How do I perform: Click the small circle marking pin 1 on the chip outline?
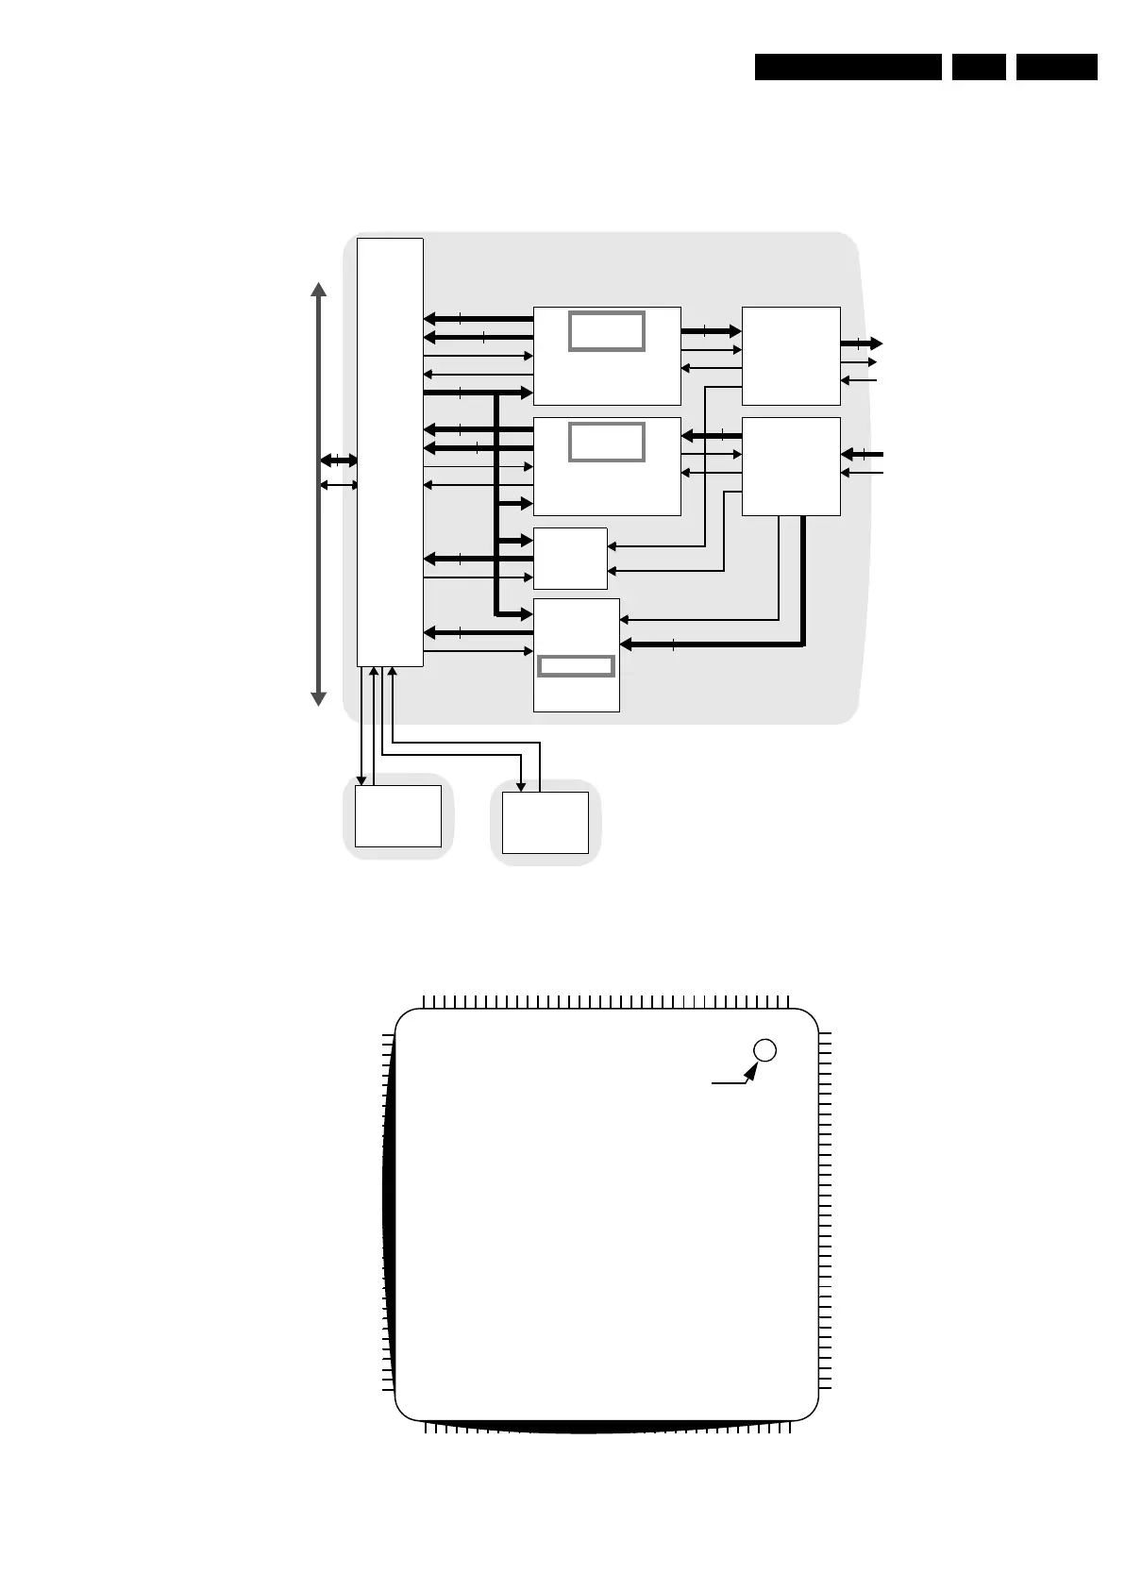(x=765, y=1049)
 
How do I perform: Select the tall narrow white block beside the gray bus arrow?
(x=390, y=452)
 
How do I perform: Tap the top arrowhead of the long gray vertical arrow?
(x=319, y=289)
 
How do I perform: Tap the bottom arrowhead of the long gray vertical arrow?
(x=319, y=698)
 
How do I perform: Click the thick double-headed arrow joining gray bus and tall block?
(x=339, y=460)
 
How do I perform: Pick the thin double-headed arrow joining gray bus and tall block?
(x=339, y=485)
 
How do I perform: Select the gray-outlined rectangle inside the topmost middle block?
(x=607, y=331)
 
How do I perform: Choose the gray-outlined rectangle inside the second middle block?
(x=607, y=442)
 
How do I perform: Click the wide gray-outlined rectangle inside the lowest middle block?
(x=576, y=666)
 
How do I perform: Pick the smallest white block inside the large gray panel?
(x=570, y=559)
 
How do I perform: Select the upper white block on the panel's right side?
(x=791, y=356)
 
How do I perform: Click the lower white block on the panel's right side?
(x=791, y=466)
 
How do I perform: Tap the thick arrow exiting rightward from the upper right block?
(x=862, y=343)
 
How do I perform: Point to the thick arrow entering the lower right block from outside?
(x=862, y=455)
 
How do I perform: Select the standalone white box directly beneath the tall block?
(x=397, y=815)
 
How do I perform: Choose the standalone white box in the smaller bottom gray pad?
(x=545, y=822)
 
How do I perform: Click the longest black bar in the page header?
(x=848, y=67)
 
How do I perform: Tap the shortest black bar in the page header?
(x=979, y=67)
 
